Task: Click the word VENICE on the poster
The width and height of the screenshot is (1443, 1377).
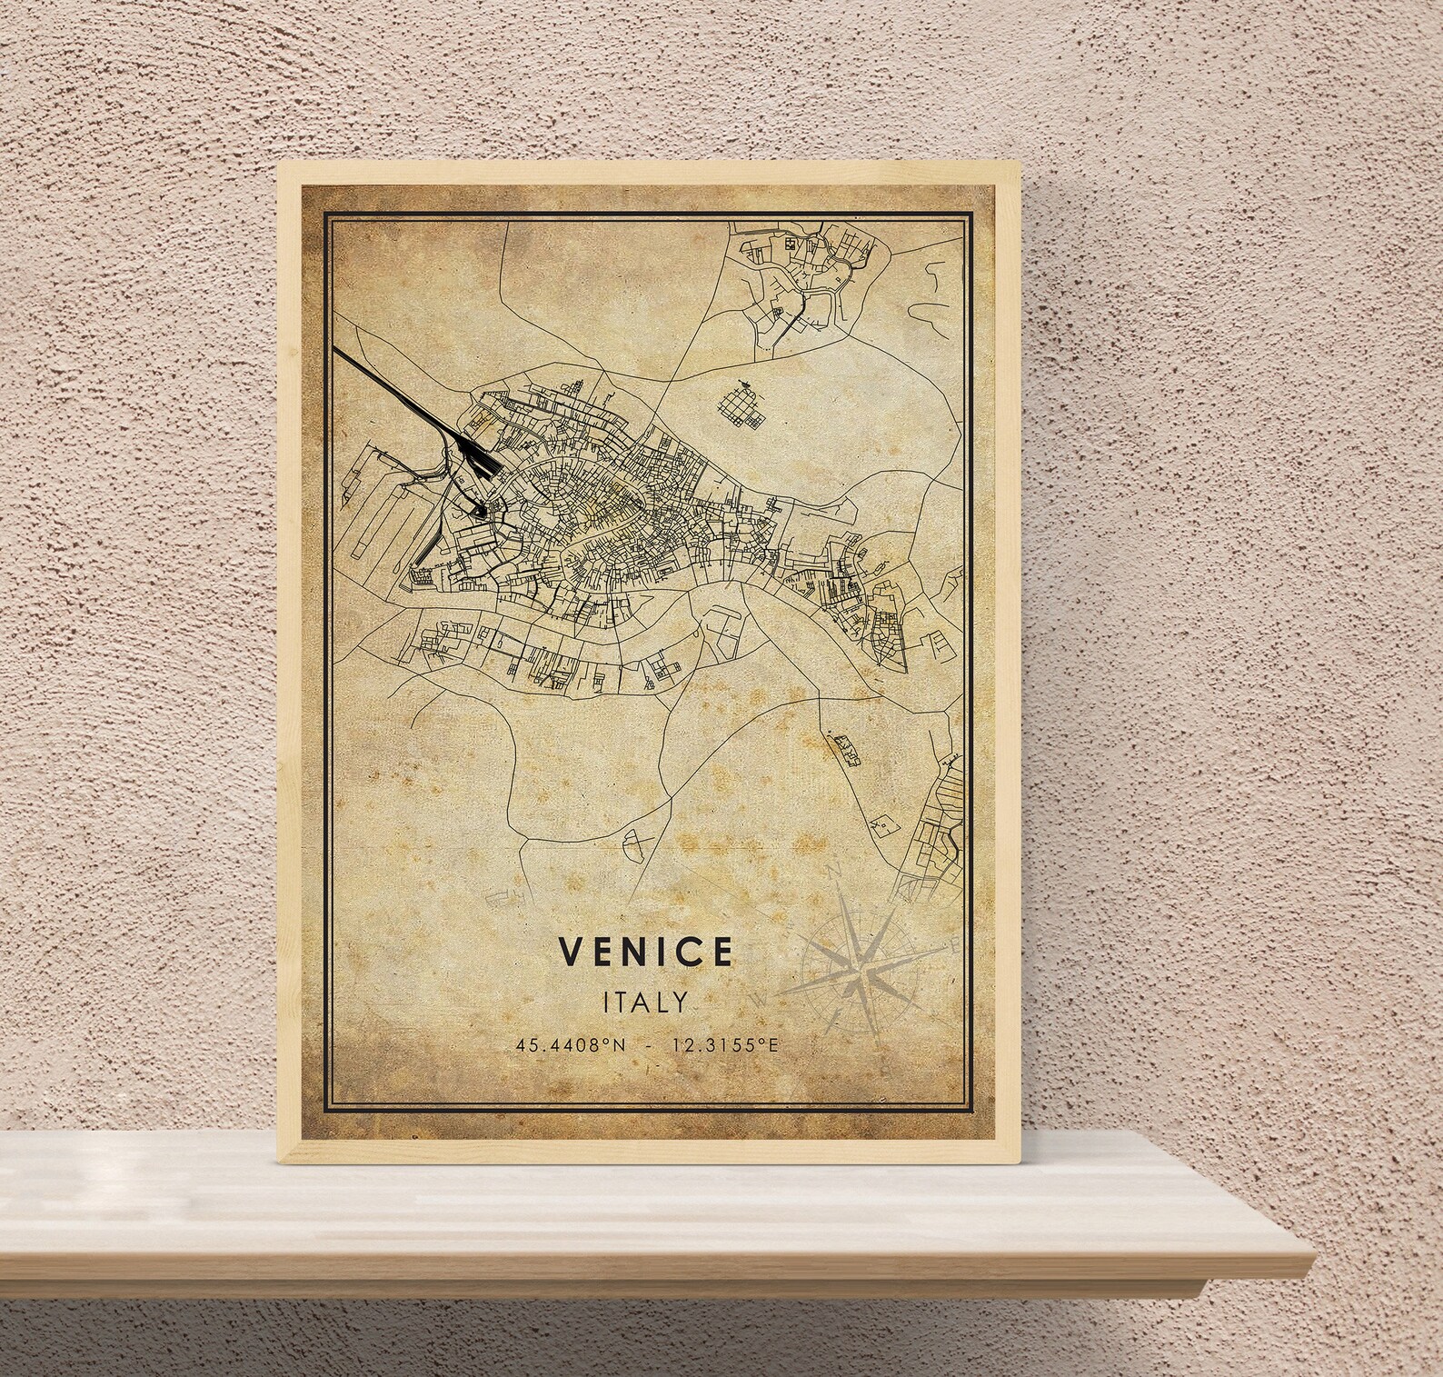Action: [x=646, y=951]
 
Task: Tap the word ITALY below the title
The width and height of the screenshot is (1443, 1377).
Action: [x=645, y=1001]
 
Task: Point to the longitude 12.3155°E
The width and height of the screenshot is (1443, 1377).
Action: [x=725, y=1045]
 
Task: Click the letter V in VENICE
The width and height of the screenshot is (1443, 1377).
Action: [x=571, y=951]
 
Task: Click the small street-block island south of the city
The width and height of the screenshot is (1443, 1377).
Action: [x=846, y=747]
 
